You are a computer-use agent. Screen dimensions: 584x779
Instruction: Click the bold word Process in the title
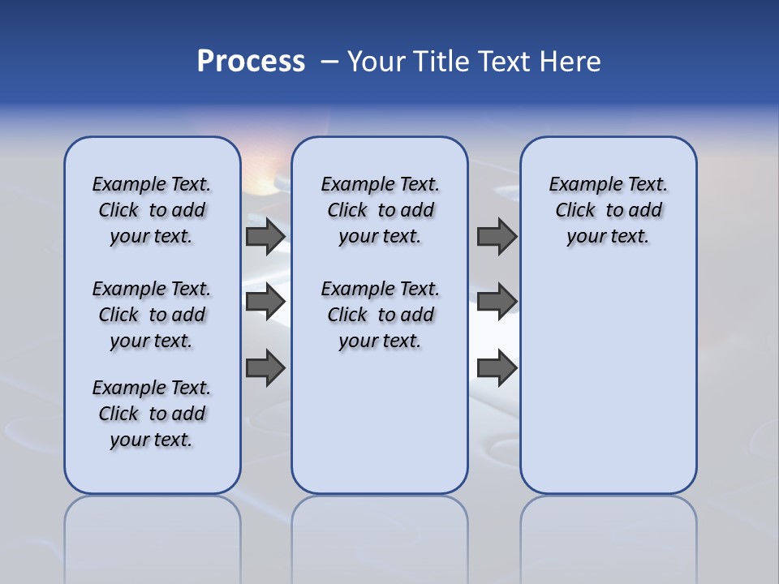point(251,62)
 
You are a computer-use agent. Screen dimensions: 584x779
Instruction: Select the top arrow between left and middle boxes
point(265,237)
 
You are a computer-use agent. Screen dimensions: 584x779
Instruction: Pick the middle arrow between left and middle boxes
point(265,302)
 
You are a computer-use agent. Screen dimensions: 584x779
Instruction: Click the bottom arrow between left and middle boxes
point(265,368)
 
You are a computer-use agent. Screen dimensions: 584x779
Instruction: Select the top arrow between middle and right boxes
point(497,237)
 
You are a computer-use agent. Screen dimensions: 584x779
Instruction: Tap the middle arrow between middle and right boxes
point(497,302)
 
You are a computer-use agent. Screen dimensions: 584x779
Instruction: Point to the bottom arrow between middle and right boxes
point(497,368)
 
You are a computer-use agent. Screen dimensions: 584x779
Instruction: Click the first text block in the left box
point(152,210)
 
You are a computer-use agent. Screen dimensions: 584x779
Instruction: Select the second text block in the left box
point(152,315)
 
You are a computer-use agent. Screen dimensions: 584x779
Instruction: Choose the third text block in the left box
point(152,414)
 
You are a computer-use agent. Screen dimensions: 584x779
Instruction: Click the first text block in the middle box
point(381,210)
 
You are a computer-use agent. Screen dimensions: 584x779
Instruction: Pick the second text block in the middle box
point(381,315)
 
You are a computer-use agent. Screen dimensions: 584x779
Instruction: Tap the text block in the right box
point(609,210)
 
